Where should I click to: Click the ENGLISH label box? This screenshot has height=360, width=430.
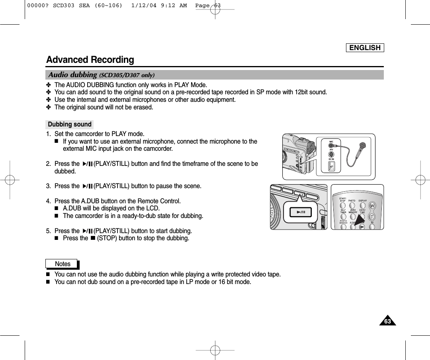365,48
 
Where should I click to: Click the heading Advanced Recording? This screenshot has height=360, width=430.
90,60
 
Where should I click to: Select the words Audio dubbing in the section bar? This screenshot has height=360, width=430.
72,75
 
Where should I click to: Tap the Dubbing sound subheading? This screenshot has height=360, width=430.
70,125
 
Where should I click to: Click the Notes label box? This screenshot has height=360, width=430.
63,264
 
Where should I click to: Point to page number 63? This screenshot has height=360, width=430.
387,321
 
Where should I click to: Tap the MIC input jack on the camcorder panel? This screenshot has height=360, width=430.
331,146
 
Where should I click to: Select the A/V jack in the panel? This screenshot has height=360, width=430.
331,155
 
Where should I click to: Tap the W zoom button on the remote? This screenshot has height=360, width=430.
372,206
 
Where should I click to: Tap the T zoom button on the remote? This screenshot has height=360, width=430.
372,217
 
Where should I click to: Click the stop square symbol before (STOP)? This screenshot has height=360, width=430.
92,239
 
